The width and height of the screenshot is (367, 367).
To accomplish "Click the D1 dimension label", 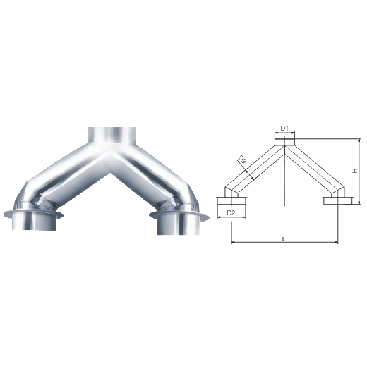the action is [x=284, y=128].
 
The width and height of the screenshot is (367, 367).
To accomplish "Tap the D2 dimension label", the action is [x=231, y=213].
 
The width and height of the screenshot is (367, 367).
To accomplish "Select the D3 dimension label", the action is [x=242, y=160].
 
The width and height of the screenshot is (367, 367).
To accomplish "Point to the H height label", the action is [x=355, y=171].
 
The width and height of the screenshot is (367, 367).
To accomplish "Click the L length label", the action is [x=284, y=239].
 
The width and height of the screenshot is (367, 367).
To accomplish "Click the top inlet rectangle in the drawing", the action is [x=284, y=142].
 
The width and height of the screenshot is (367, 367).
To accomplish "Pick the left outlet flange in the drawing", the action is [x=231, y=201].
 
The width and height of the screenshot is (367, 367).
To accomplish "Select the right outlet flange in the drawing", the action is [x=338, y=200].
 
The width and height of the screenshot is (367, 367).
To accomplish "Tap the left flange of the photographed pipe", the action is [x=33, y=214].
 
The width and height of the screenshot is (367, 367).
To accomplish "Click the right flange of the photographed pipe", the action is [x=179, y=215].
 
